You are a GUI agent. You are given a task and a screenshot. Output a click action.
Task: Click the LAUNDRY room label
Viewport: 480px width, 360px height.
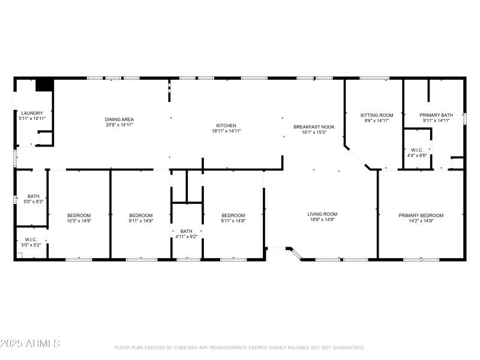(32, 113)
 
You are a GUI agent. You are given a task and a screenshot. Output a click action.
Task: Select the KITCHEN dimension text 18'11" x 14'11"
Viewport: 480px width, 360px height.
(226, 131)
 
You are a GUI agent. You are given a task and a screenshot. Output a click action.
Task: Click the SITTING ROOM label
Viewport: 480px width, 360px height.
(376, 115)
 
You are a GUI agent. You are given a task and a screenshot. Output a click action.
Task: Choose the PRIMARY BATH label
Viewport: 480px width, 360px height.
(436, 115)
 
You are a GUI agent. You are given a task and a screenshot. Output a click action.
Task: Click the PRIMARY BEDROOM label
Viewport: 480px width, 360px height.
(421, 215)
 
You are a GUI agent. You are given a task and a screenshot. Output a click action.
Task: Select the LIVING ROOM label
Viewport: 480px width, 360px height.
(322, 214)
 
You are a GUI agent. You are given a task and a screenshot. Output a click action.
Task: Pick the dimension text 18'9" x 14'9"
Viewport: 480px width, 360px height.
(322, 220)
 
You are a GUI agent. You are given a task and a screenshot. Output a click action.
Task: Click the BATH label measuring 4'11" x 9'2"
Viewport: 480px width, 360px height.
(187, 231)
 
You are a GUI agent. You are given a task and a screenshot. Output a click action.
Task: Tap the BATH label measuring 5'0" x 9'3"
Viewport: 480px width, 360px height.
(32, 196)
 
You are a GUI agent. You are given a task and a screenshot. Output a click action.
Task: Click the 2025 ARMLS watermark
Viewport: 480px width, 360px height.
(30, 344)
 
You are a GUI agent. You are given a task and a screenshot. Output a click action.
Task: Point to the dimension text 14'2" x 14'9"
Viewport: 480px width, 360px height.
(421, 221)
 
